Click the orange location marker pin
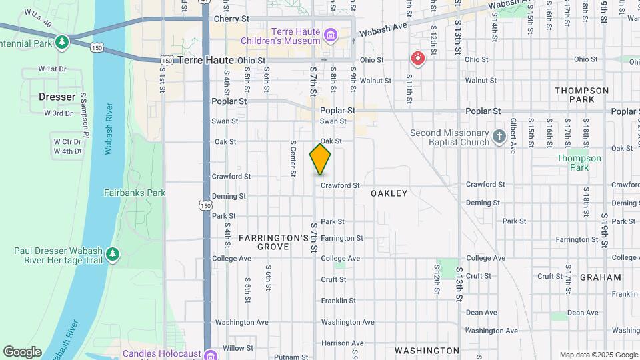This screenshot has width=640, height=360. [320, 159]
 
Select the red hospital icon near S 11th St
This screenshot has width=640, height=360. [418, 59]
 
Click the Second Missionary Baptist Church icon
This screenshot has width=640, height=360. [499, 137]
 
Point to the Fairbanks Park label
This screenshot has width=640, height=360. [135, 193]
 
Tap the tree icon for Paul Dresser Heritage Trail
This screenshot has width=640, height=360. [113, 254]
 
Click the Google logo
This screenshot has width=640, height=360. [22, 352]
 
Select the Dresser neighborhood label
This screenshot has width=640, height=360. [57, 97]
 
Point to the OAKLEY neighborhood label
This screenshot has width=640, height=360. [389, 193]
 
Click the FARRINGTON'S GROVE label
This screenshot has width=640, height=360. [273, 242]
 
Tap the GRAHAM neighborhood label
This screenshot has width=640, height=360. [595, 277]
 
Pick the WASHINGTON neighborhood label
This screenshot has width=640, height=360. [427, 351]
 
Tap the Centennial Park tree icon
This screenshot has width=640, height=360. [62, 43]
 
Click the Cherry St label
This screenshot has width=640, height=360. [231, 19]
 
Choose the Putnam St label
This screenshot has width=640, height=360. [291, 357]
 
